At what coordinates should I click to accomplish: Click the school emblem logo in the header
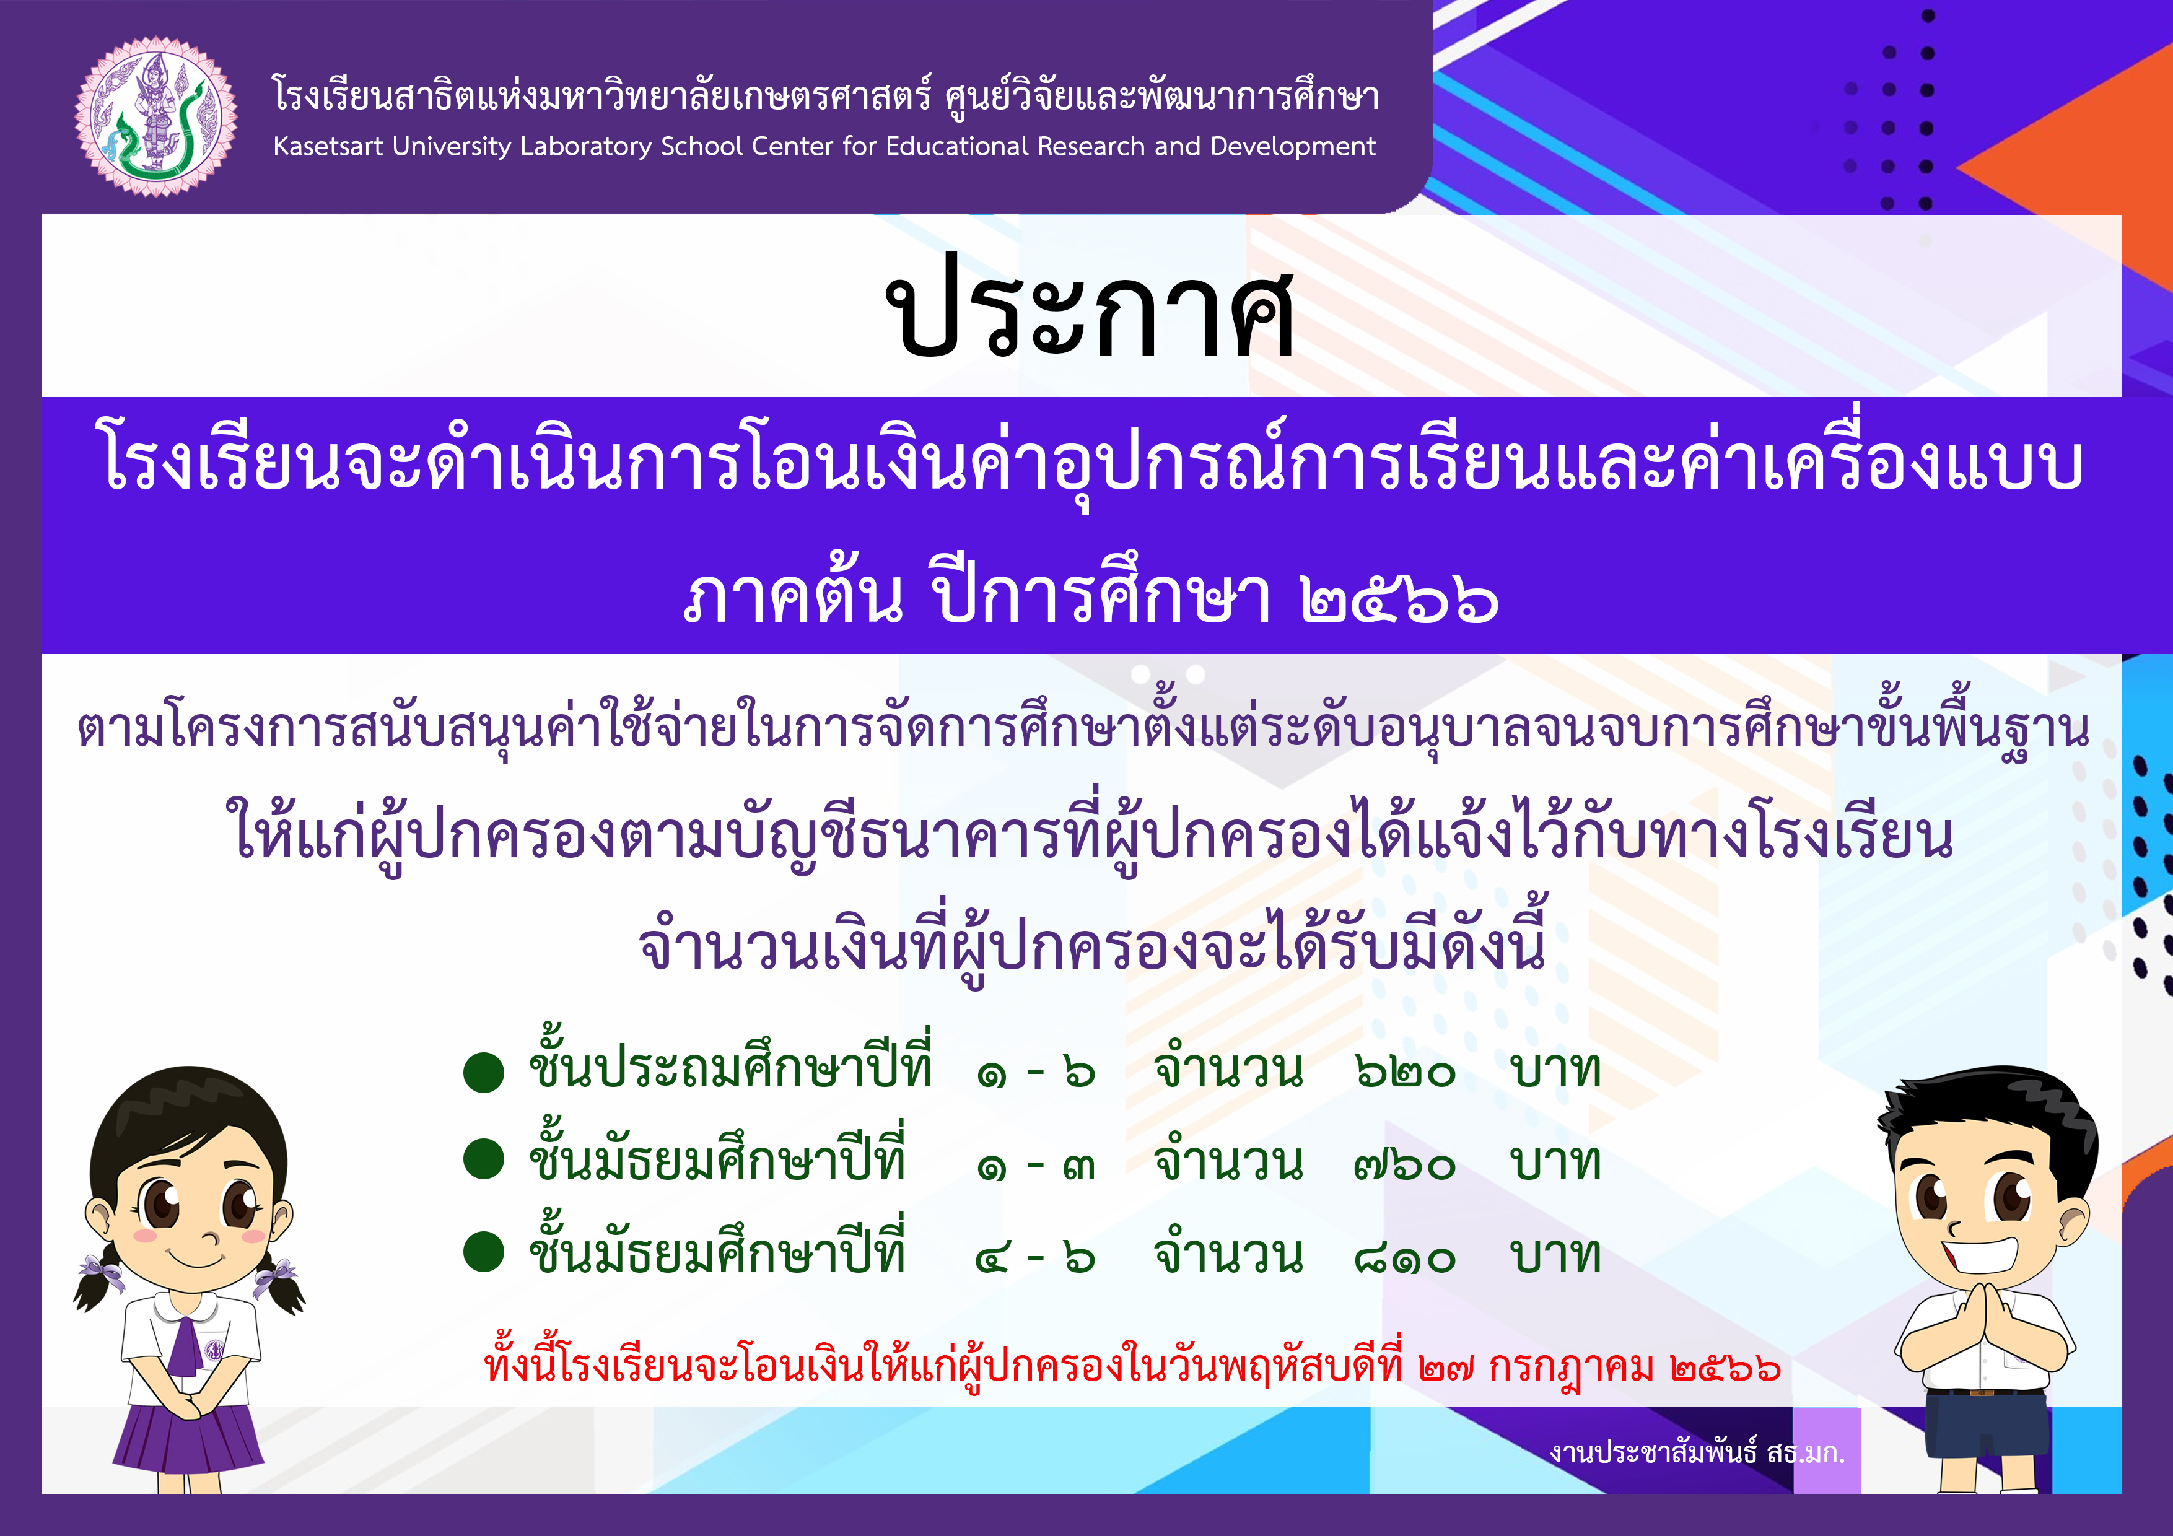[156, 117]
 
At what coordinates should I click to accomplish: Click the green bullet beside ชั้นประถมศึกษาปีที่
[484, 1072]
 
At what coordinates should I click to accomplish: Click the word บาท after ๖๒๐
[1555, 1070]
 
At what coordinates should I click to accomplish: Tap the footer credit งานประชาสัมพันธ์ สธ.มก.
[1697, 1453]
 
